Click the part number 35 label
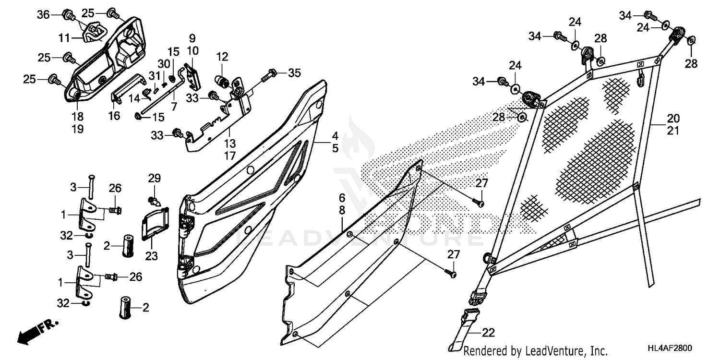coord(294,73)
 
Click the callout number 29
coord(154,179)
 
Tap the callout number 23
coord(152,256)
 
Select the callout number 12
coord(222,57)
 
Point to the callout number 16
coord(114,116)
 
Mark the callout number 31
coord(154,75)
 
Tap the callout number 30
coord(164,64)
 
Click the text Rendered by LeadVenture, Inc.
coord(536,351)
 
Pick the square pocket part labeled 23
coord(155,222)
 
